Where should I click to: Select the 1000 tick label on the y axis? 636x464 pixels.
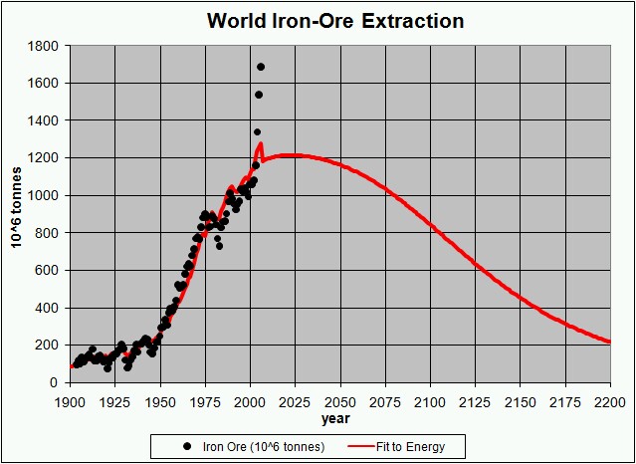click(x=43, y=195)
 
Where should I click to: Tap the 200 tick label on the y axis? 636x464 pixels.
click(x=47, y=345)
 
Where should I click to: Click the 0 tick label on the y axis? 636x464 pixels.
click(x=55, y=382)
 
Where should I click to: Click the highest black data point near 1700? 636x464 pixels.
click(x=261, y=67)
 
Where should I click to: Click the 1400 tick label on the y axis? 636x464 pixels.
click(x=43, y=120)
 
